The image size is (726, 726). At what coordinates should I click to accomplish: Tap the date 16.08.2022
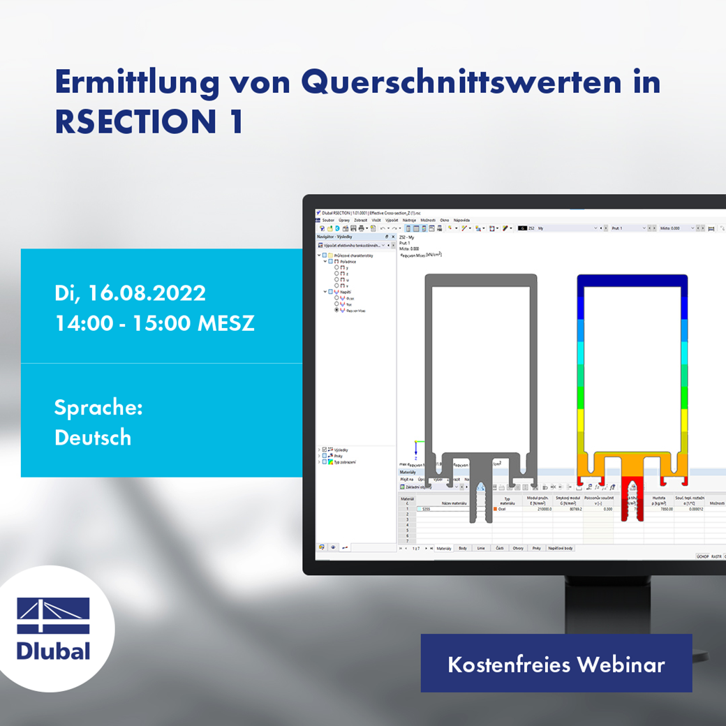pos(147,292)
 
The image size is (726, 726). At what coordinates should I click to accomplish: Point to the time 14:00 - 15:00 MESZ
pos(154,323)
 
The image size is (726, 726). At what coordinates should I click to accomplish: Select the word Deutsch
pos(93,438)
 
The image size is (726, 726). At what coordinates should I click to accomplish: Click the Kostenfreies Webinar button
pos(556,664)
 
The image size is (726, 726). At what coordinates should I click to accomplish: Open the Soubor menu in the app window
pos(328,220)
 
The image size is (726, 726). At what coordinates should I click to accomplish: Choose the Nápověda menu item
pos(461,220)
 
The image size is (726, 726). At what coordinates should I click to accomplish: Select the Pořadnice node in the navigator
pos(348,261)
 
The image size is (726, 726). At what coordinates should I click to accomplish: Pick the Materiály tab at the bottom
pos(444,549)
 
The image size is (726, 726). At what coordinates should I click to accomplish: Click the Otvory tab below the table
pos(517,549)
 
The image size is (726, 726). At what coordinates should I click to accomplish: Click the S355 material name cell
pos(425,510)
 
